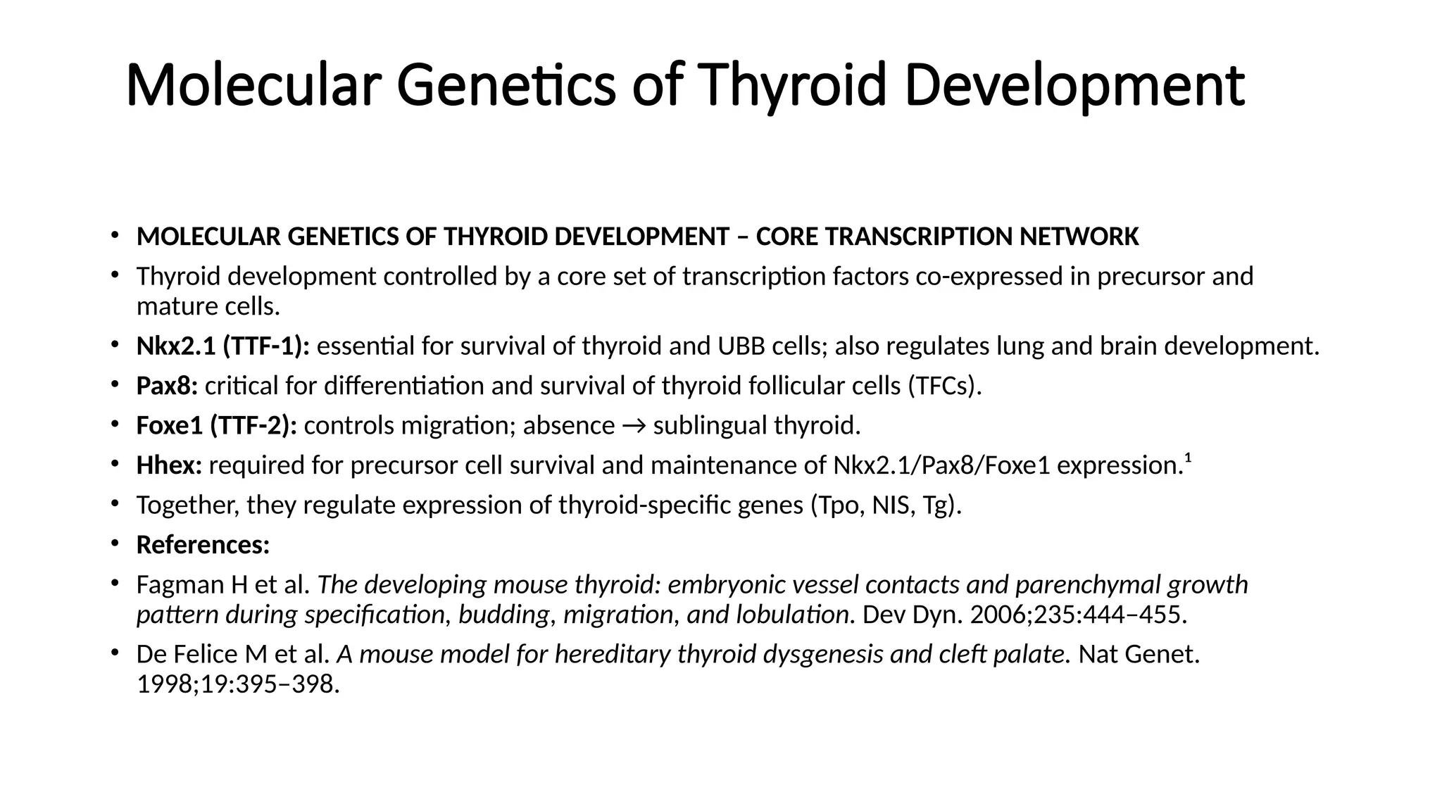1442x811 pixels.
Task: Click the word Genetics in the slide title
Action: (506, 86)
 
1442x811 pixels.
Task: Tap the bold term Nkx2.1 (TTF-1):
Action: (223, 346)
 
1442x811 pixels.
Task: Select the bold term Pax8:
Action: (167, 386)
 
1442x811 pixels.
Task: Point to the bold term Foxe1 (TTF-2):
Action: (216, 426)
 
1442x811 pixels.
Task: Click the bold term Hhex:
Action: (169, 465)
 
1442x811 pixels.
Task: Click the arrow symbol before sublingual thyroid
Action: (634, 426)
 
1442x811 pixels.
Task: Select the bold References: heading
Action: (203, 545)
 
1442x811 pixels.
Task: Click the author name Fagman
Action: (180, 585)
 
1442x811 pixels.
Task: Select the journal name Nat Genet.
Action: (1139, 655)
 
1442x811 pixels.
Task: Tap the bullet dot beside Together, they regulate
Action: (115, 504)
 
